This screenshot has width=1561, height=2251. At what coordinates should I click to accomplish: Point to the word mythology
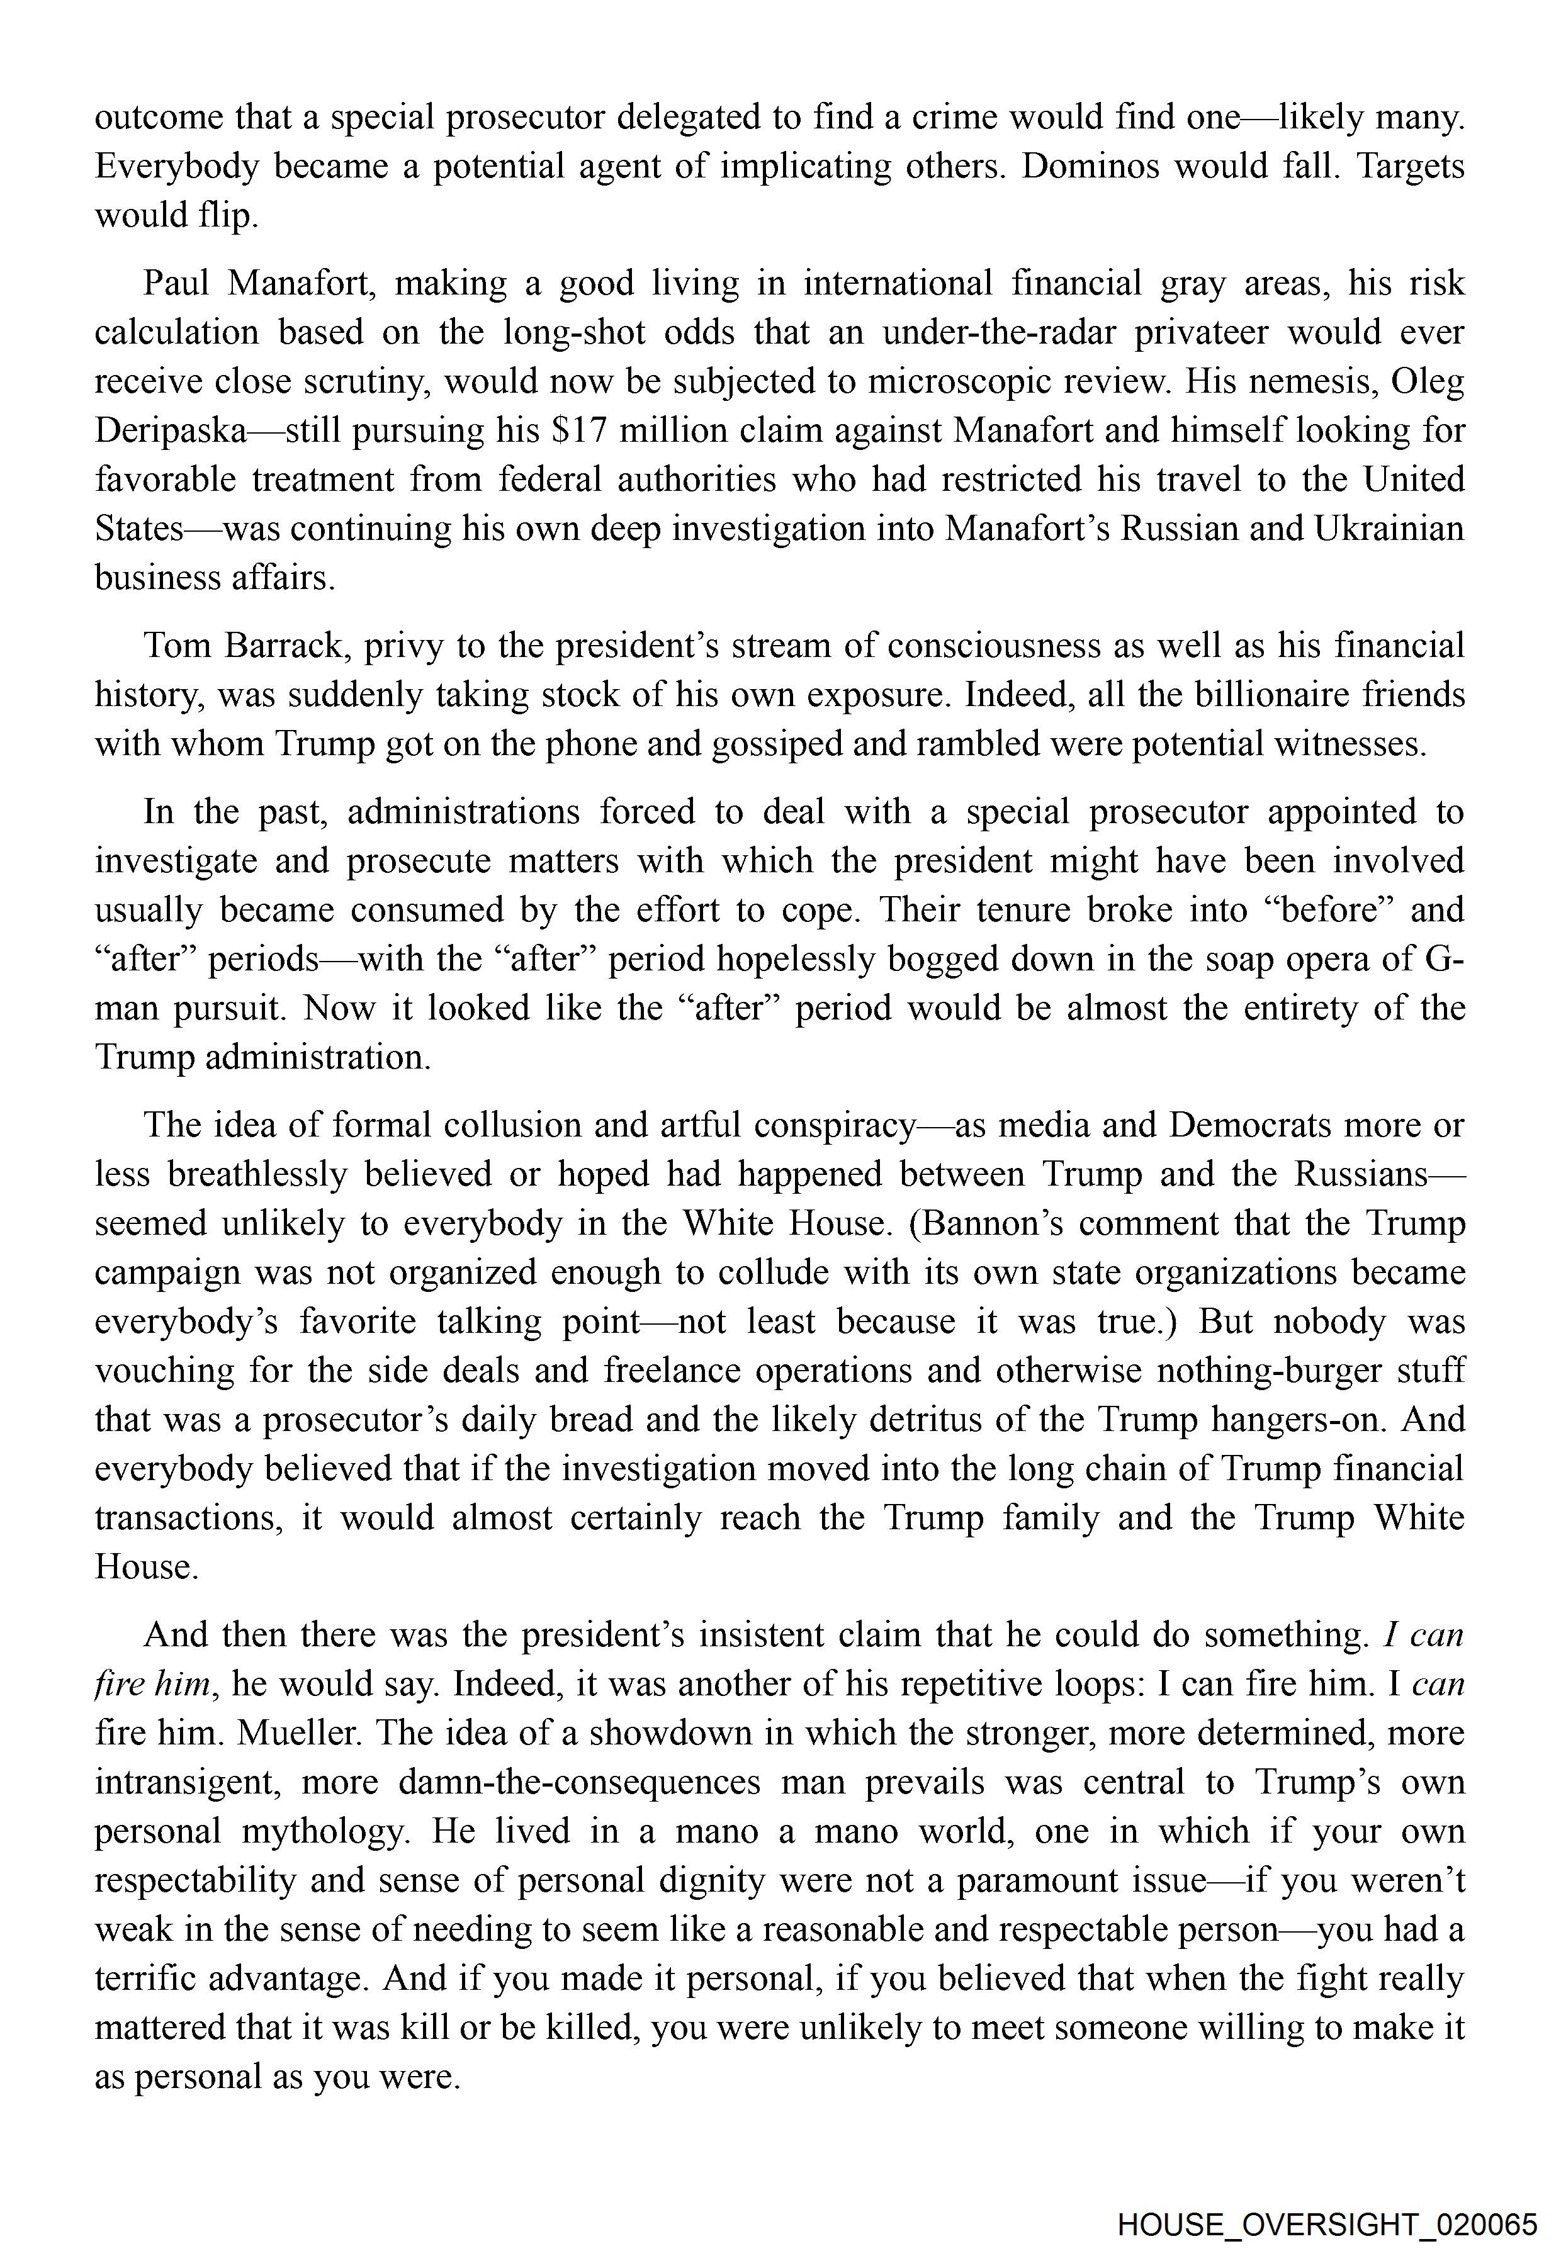point(323,1831)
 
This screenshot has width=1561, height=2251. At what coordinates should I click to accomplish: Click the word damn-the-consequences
point(579,1782)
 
